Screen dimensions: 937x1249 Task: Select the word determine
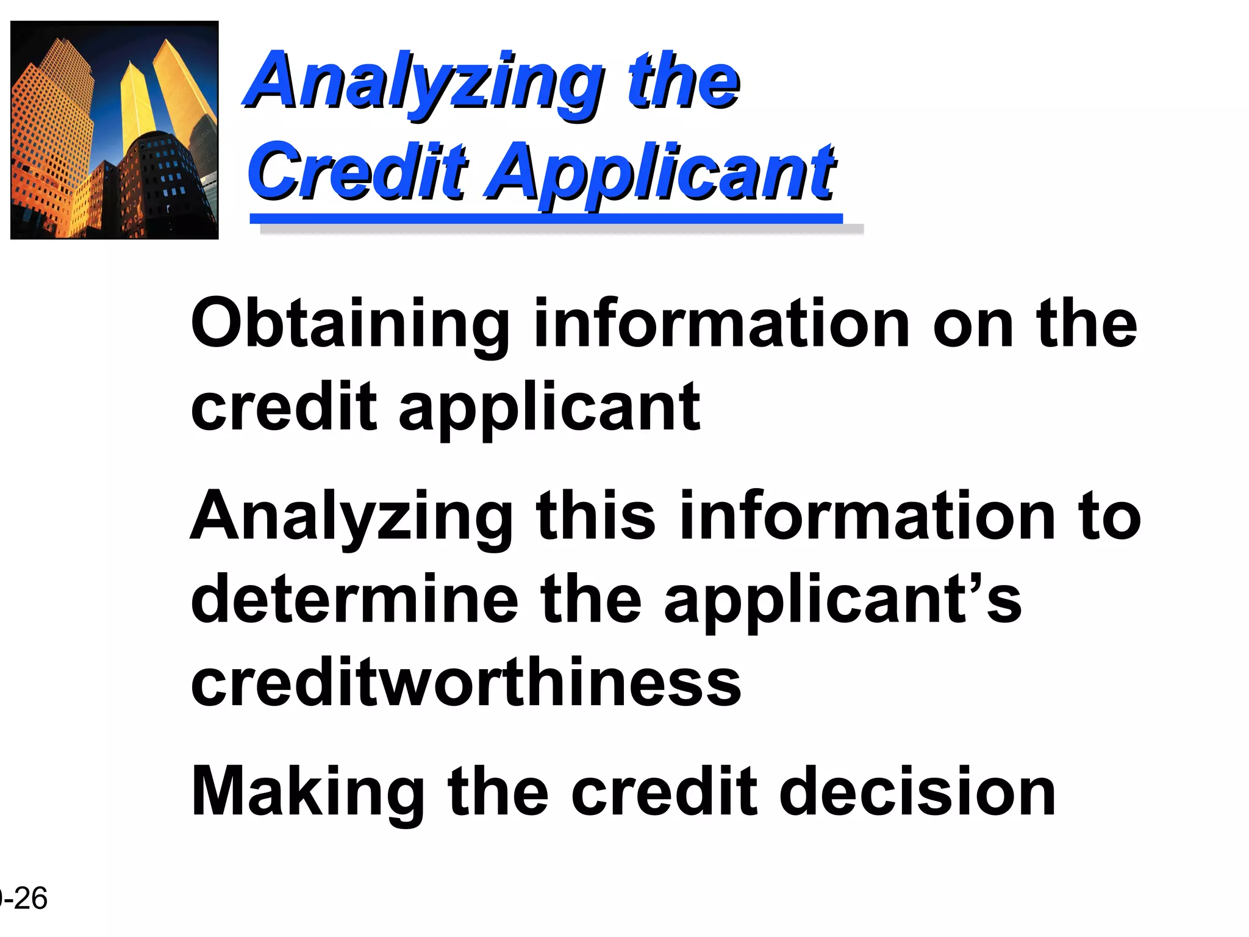pyautogui.click(x=354, y=600)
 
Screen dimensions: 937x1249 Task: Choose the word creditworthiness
pyautogui.click(x=466, y=683)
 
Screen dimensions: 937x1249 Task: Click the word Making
pyautogui.click(x=308, y=793)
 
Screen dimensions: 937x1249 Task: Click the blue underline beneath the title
pyautogui.click(x=546, y=218)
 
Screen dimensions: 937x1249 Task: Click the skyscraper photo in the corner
pyautogui.click(x=115, y=130)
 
